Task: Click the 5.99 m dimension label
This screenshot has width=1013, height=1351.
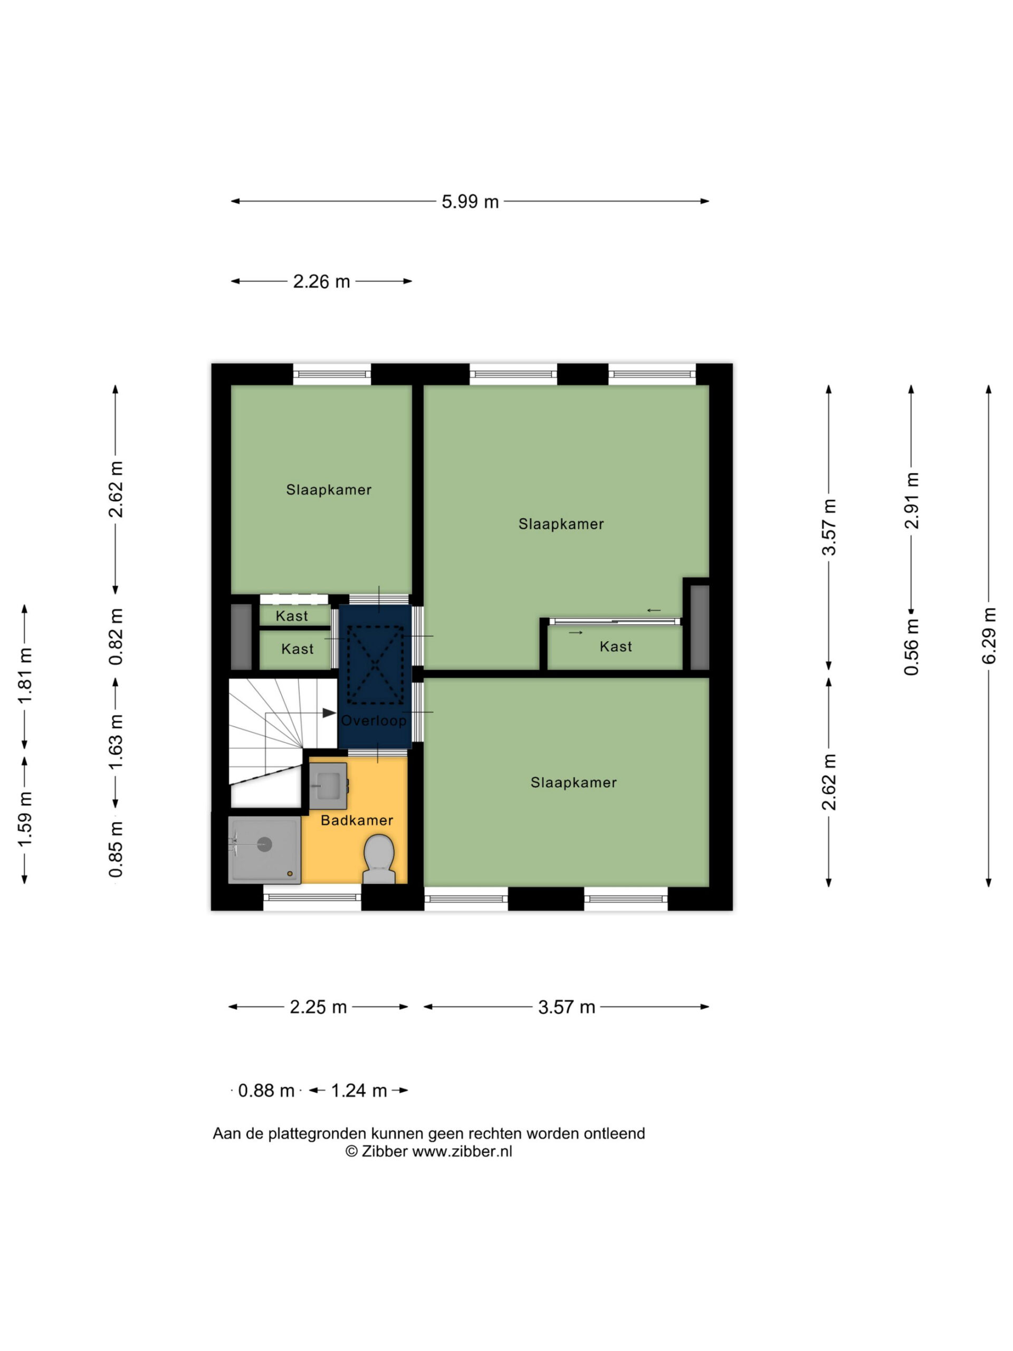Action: pyautogui.click(x=470, y=202)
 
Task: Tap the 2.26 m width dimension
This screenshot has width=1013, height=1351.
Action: pyautogui.click(x=321, y=282)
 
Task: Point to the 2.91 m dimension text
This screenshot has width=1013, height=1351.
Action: pyautogui.click(x=912, y=500)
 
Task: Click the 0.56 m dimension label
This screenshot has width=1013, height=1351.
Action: pyautogui.click(x=912, y=647)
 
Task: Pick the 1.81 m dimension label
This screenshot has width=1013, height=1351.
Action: pyautogui.click(x=25, y=675)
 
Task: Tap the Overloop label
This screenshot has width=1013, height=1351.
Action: pyautogui.click(x=374, y=721)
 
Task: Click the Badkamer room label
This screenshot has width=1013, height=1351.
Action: pyautogui.click(x=357, y=820)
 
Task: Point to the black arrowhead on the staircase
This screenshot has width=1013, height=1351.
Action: pyautogui.click(x=329, y=713)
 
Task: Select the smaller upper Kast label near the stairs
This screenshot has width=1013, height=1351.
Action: pyautogui.click(x=292, y=616)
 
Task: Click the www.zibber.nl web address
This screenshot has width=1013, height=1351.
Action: pyautogui.click(x=462, y=1152)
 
